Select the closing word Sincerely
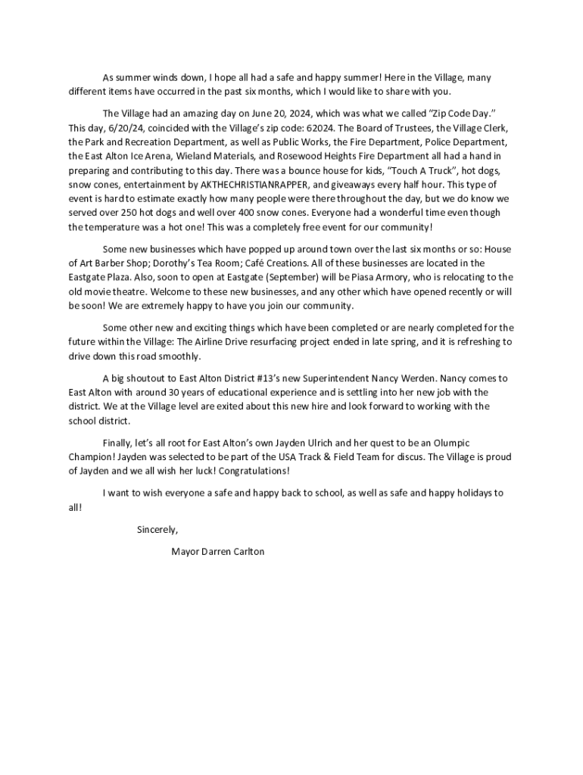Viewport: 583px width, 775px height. pyautogui.click(x=157, y=530)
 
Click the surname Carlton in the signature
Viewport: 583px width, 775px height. pyautogui.click(x=245, y=552)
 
